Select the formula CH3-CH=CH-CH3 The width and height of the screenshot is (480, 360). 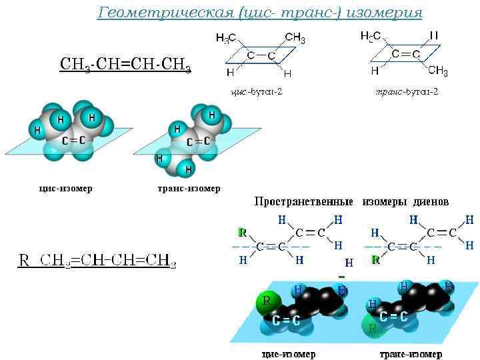point(125,65)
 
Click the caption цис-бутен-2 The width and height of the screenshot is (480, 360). point(256,91)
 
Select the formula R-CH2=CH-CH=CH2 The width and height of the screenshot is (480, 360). point(97,261)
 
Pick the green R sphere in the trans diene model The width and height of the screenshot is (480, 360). point(372,328)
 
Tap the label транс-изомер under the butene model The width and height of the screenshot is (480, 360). point(189,188)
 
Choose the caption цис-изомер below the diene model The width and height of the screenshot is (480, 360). point(289,353)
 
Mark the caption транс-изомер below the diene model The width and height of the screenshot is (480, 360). point(411,353)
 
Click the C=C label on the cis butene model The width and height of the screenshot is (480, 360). point(73,140)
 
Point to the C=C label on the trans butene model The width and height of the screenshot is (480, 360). point(198,141)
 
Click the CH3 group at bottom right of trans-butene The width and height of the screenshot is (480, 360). point(438,71)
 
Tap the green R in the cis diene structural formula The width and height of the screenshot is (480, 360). point(242,233)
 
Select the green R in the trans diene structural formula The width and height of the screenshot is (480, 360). point(376,260)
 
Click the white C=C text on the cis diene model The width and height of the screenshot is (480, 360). point(286,321)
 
